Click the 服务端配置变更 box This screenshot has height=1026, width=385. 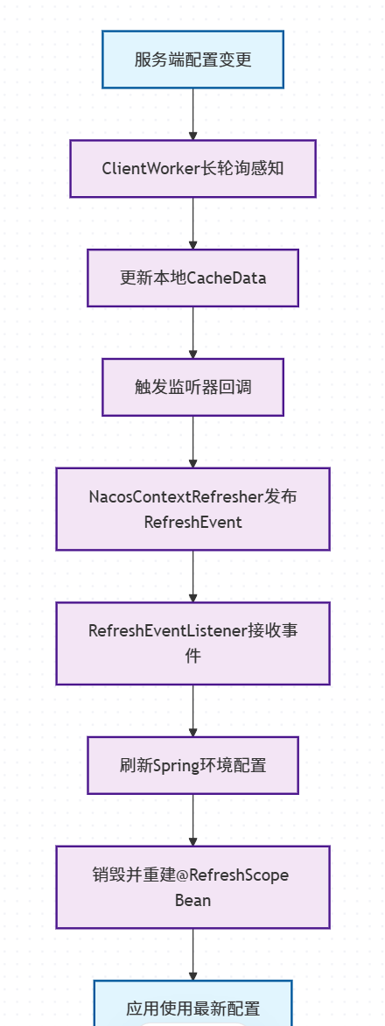(192, 60)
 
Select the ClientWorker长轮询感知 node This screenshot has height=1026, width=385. (192, 168)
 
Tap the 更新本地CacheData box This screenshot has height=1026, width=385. (192, 278)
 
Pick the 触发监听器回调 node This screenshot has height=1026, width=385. (192, 386)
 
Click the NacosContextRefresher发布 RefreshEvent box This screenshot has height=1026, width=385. (192, 509)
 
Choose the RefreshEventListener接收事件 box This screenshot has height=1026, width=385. (192, 643)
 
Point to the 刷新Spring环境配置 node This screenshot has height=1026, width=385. (192, 765)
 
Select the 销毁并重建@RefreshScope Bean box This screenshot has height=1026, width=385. (192, 887)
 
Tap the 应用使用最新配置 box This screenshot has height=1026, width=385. (192, 1007)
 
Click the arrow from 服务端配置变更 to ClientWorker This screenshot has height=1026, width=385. (192, 114)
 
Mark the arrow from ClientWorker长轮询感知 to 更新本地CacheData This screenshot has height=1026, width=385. (192, 223)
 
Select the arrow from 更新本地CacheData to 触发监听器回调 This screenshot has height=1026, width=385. (192, 332)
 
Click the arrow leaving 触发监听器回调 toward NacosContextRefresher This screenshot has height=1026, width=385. (192, 441)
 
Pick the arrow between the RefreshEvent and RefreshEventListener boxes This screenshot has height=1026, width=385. (192, 576)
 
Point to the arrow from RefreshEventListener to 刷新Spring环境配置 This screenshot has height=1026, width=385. (192, 710)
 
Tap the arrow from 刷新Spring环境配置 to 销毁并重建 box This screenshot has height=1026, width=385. (192, 819)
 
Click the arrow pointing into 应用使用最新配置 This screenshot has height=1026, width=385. (192, 954)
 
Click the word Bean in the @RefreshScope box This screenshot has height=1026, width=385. (192, 900)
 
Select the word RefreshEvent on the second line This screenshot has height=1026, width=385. (192, 523)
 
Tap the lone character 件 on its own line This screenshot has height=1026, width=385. (192, 656)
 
